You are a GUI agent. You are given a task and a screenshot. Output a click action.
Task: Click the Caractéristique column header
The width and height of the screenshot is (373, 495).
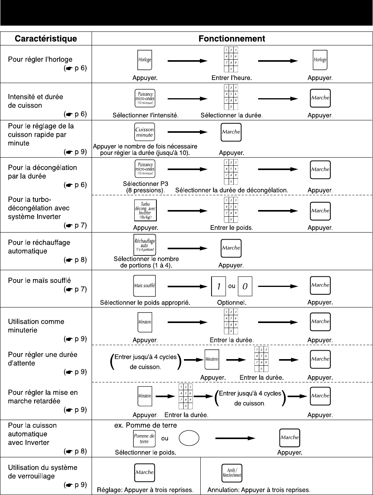pyautogui.click(x=46, y=39)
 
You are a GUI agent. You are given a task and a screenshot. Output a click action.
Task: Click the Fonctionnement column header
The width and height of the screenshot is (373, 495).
pyautogui.click(x=232, y=39)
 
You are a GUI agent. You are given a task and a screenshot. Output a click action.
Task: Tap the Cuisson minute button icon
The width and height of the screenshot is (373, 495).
pyautogui.click(x=144, y=132)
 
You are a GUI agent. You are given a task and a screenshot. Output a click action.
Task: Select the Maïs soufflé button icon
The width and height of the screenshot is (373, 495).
pyautogui.click(x=144, y=285)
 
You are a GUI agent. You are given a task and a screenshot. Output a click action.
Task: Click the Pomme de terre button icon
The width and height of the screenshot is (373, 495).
pyautogui.click(x=144, y=438)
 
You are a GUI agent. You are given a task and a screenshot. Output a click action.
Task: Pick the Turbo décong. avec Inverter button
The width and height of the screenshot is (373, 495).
pyautogui.click(x=145, y=210)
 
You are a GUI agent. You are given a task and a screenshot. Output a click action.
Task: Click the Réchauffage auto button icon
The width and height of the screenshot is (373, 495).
pyautogui.click(x=144, y=245)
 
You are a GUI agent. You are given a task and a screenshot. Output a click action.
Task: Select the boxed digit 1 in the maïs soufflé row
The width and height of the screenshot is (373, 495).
pyautogui.click(x=219, y=287)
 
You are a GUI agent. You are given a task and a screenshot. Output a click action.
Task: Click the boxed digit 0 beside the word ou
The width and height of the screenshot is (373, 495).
pyautogui.click(x=245, y=287)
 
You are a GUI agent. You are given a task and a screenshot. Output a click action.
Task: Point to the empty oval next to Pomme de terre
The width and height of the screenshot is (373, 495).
pyautogui.click(x=189, y=438)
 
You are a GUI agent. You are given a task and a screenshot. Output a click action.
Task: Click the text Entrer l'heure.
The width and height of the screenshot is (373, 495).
pyautogui.click(x=231, y=78)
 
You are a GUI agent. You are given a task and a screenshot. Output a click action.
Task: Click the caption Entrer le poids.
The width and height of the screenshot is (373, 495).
pyautogui.click(x=231, y=228)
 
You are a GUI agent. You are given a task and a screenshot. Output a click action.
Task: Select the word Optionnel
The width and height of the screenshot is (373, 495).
pyautogui.click(x=231, y=302)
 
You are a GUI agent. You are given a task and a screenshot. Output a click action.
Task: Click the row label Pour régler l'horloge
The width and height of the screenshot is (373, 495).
pyautogui.click(x=40, y=59)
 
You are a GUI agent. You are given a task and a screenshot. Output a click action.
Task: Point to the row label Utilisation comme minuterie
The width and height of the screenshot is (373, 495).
pyautogui.click(x=36, y=326)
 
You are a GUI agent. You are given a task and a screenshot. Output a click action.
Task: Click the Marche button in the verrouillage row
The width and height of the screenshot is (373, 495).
pyautogui.click(x=144, y=472)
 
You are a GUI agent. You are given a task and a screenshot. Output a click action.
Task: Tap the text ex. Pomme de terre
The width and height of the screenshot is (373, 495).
pyautogui.click(x=146, y=425)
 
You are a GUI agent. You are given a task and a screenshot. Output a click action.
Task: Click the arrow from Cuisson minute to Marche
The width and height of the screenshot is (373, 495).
pyautogui.click(x=187, y=132)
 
